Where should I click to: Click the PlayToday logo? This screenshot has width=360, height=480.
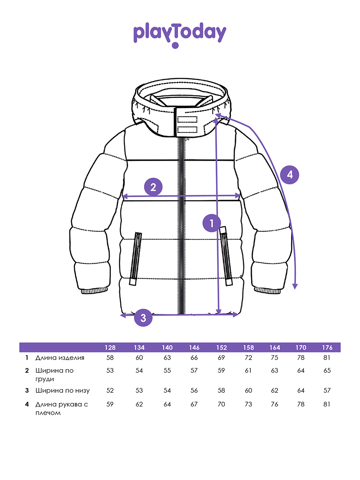[180, 34]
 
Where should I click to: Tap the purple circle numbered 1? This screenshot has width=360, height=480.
[212, 223]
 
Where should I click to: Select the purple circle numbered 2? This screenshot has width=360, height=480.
[153, 187]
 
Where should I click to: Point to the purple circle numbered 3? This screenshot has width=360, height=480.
[143, 318]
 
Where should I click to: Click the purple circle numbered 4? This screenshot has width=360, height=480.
[290, 174]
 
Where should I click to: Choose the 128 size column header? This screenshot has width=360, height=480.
[110, 347]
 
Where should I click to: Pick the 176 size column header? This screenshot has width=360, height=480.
[327, 347]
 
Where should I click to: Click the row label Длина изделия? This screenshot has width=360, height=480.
[60, 358]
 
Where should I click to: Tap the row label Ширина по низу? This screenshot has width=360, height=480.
[62, 390]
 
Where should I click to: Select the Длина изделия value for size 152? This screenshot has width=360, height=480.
[222, 358]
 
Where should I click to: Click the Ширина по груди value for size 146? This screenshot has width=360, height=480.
[194, 370]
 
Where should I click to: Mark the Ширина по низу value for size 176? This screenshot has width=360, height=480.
[327, 390]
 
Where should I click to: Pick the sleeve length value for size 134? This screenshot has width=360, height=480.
[139, 404]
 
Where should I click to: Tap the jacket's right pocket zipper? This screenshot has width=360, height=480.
[226, 256]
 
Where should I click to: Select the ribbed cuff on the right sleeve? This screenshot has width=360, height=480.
[266, 290]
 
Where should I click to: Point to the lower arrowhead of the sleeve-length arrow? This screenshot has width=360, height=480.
[295, 286]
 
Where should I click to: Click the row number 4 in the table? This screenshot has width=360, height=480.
[27, 404]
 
